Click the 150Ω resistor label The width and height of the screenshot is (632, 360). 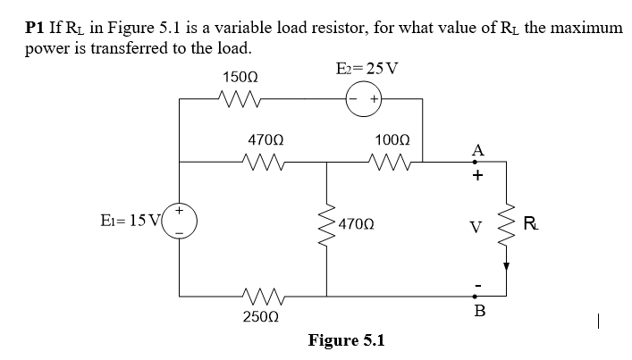click(236, 78)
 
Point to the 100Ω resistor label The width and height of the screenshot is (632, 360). click(393, 140)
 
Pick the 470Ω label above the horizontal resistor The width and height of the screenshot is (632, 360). click(265, 140)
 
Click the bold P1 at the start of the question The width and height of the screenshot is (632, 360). click(34, 29)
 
